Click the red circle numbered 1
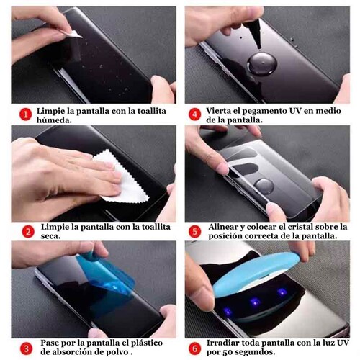point(25,114)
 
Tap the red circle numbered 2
point(28,232)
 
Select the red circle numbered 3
point(26,348)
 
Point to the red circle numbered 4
point(194,114)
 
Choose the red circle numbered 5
point(194,232)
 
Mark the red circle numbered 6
point(194,348)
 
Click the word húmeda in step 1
point(54,120)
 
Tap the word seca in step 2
point(50,236)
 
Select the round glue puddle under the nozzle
point(262,64)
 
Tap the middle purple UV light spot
point(255,302)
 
